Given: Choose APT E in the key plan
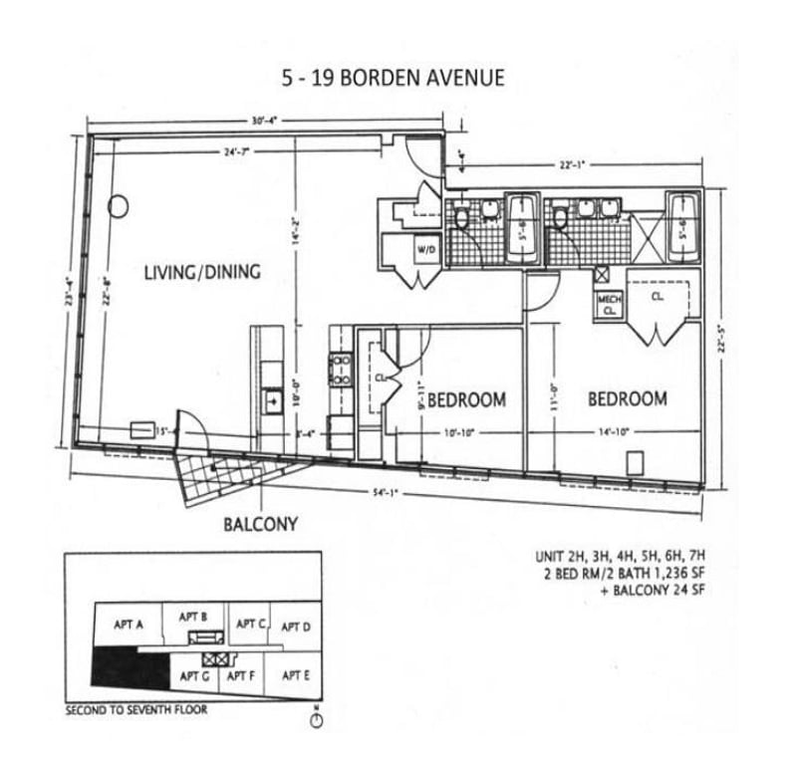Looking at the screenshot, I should (296, 674).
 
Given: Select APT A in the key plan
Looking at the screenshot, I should (130, 625).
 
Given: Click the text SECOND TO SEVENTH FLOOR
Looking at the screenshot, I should (136, 711).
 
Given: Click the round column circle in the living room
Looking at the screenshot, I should (119, 207).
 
